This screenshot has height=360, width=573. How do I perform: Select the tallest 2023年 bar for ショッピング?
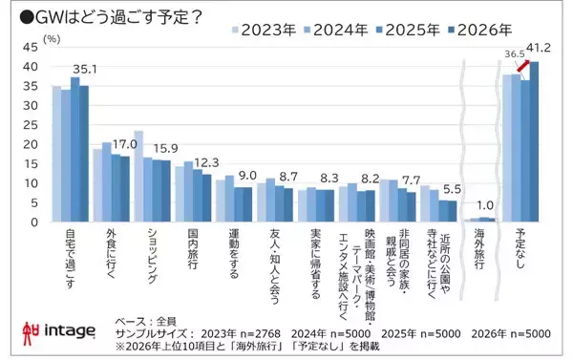tap(138, 177)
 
